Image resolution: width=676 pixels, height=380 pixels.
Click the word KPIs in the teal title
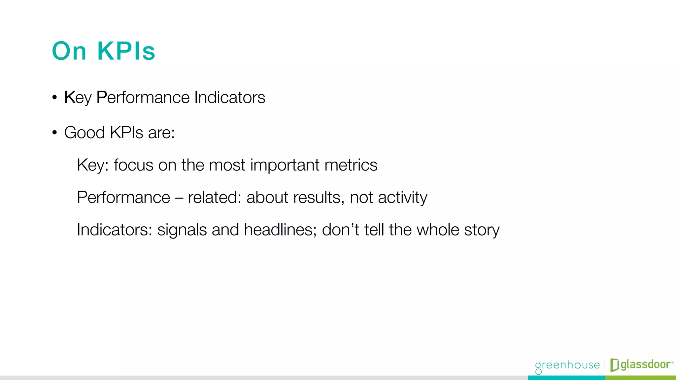tap(126, 51)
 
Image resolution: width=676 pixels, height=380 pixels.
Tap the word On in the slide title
tap(69, 51)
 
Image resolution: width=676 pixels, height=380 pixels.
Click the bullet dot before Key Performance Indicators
tap(54, 98)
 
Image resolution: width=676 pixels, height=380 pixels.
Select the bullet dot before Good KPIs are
tap(54, 133)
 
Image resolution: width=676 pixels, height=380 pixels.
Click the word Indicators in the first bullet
tap(230, 98)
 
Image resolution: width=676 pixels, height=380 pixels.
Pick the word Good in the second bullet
tap(84, 133)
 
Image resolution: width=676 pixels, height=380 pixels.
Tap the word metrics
tap(351, 165)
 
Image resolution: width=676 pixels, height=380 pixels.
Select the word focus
tap(133, 165)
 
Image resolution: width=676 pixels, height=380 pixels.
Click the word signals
tap(182, 230)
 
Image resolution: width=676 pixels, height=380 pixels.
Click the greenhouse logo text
tap(567, 365)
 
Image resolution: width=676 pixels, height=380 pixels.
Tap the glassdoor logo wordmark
tap(646, 364)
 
